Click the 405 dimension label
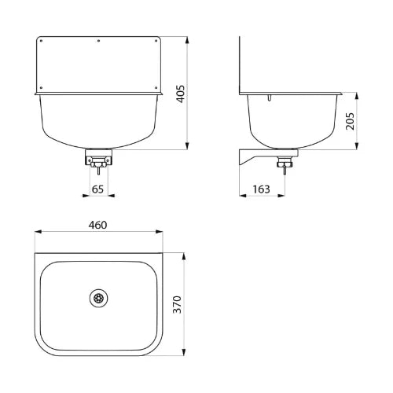point(180,94)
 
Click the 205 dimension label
point(350,121)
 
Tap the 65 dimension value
point(97,189)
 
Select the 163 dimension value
point(262,189)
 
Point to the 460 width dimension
point(97,225)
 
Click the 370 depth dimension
point(178,304)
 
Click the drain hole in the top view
point(98,298)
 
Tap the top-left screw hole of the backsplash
point(41,41)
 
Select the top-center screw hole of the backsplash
point(98,41)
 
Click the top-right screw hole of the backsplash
point(156,41)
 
